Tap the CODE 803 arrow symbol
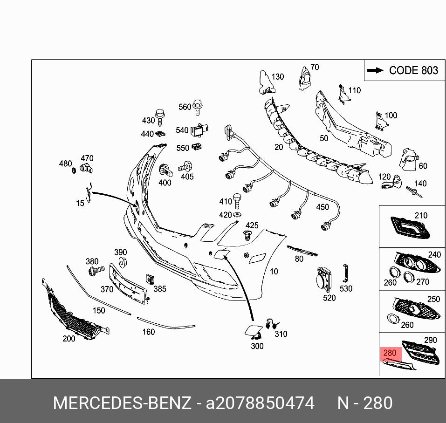click(x=375, y=70)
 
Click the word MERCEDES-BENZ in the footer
click(x=122, y=403)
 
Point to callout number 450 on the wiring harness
click(x=322, y=207)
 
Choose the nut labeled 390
click(x=123, y=263)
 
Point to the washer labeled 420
click(x=237, y=214)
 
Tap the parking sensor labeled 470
click(x=86, y=169)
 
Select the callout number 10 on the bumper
click(x=274, y=271)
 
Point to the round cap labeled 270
click(x=409, y=277)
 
